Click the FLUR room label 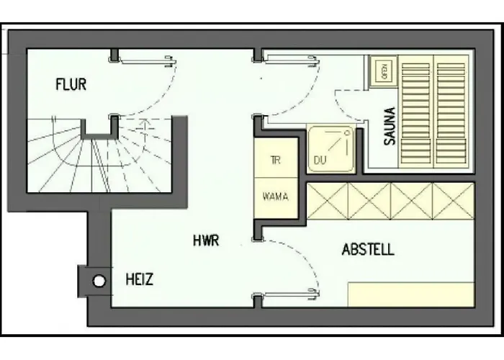point(71,85)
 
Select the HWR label point(205,240)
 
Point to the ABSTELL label point(367,250)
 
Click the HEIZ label point(139,279)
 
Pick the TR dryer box point(276,159)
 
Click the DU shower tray point(330,149)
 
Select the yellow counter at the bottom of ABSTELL point(411,294)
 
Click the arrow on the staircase point(143,130)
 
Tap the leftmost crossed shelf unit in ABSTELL point(328,201)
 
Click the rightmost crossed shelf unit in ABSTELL point(454,201)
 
